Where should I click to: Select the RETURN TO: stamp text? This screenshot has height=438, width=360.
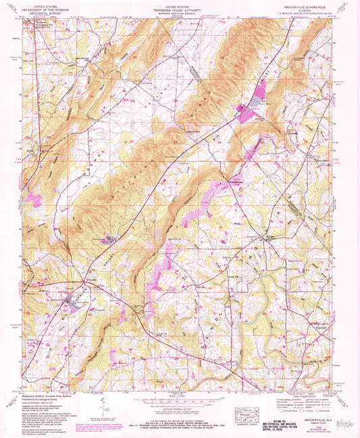tap(270, 401)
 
